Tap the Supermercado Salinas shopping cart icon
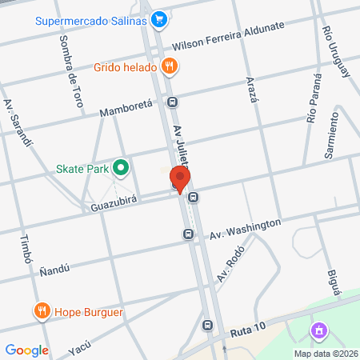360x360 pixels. (x=159, y=17)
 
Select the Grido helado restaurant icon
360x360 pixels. (x=168, y=66)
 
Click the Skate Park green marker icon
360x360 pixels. (x=121, y=168)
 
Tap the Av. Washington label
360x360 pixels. (x=246, y=230)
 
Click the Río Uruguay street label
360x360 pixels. (x=335, y=50)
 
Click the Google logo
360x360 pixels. (x=27, y=350)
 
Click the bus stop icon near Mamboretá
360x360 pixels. (x=173, y=102)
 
